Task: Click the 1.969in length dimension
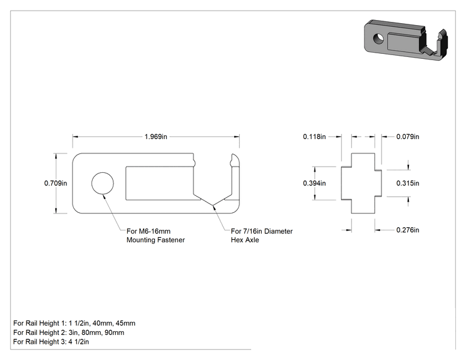(x=156, y=136)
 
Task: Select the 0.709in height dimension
(x=56, y=183)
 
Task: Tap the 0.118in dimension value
(x=314, y=136)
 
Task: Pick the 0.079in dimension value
(x=408, y=136)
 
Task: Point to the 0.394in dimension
(x=314, y=183)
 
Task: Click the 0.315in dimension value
(x=408, y=183)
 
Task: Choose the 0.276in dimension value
(x=408, y=230)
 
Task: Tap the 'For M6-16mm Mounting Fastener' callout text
(x=155, y=235)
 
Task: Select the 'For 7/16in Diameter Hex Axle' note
(x=262, y=235)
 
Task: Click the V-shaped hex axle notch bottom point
(x=213, y=205)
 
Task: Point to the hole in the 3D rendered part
(x=378, y=38)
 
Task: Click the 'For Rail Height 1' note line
(x=75, y=323)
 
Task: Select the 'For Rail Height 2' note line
(x=69, y=332)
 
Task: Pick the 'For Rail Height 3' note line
(x=51, y=342)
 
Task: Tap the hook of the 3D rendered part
(x=442, y=43)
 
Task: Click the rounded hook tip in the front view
(x=236, y=158)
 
